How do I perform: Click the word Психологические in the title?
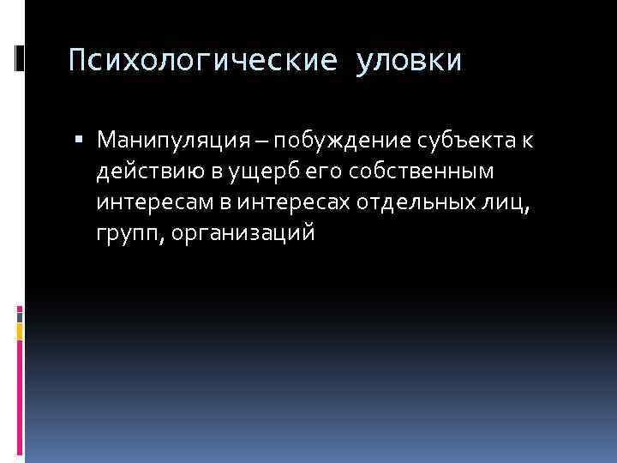coord(201,61)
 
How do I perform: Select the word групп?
coord(128,233)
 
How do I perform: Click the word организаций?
coord(243,233)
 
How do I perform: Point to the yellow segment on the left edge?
coord(20,331)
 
